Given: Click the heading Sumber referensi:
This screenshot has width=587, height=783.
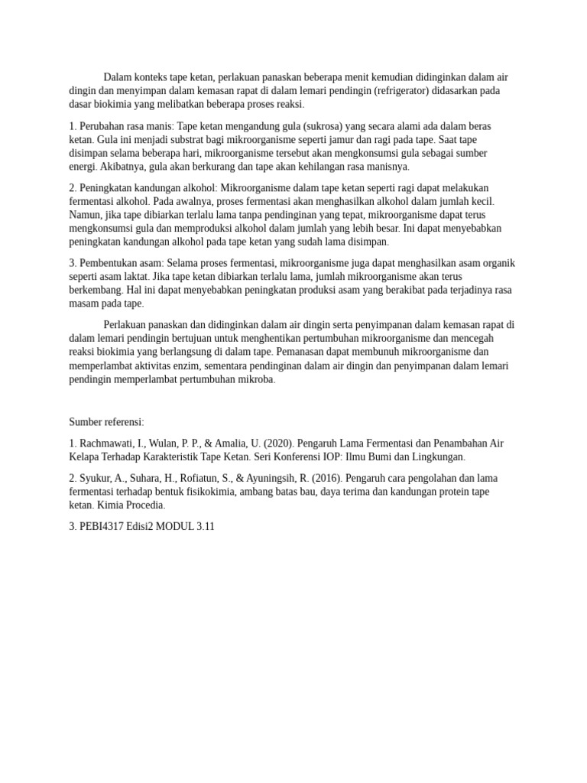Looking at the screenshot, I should [x=106, y=421].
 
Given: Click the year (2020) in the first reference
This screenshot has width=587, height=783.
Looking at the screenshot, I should [x=279, y=443].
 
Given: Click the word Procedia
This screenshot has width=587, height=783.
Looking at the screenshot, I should [x=143, y=506].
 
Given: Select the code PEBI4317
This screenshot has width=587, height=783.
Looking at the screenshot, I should [x=104, y=528].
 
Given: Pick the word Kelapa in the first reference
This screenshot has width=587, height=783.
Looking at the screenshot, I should [x=85, y=457].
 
